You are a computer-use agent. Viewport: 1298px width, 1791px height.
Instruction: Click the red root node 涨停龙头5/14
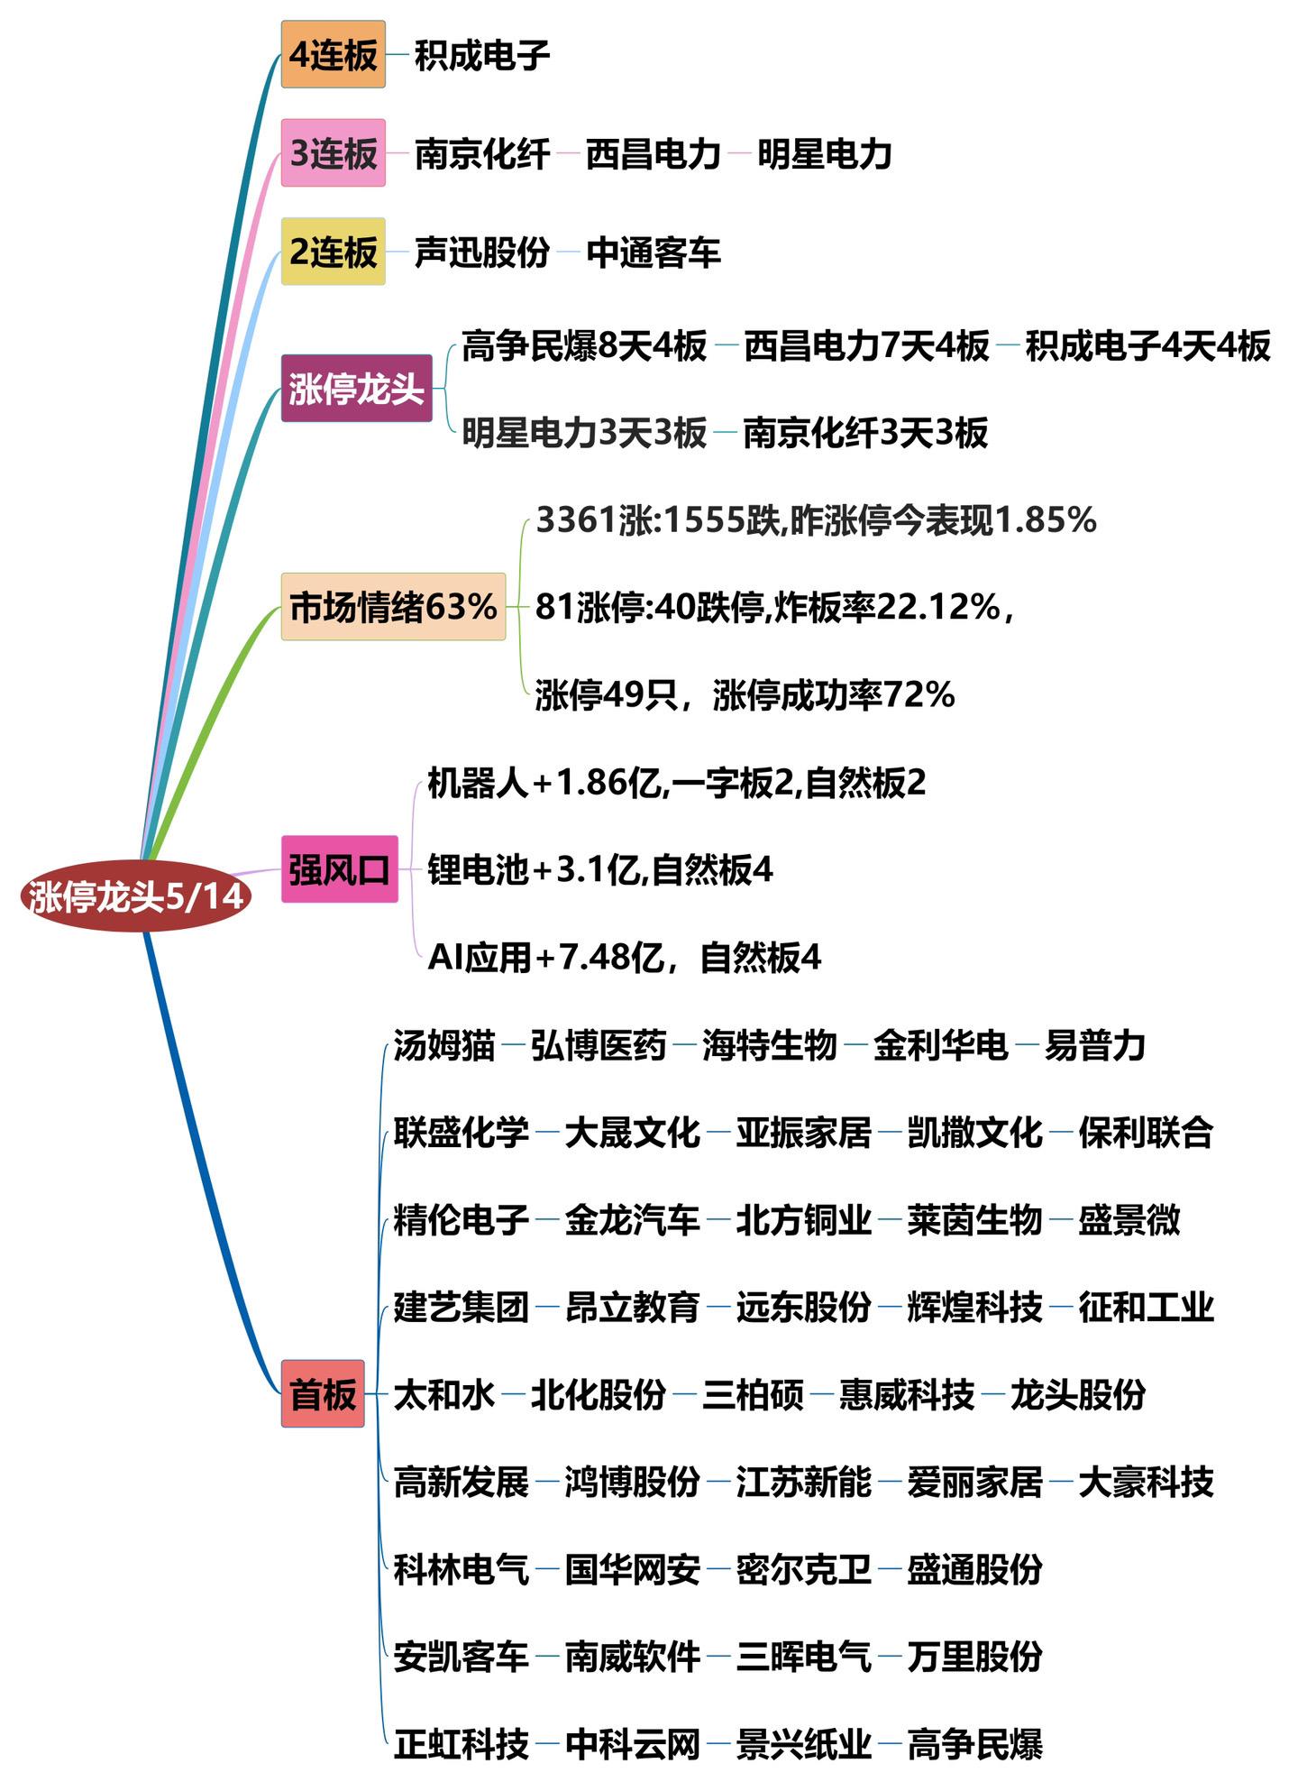pyautogui.click(x=135, y=896)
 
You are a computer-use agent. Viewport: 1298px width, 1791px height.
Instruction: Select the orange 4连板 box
pyautogui.click(x=333, y=55)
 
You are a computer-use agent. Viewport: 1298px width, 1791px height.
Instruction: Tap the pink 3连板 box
pyautogui.click(x=333, y=153)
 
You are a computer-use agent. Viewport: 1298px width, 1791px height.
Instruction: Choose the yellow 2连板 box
pyautogui.click(x=333, y=252)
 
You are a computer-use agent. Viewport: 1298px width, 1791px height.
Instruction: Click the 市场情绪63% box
pyautogui.click(x=393, y=607)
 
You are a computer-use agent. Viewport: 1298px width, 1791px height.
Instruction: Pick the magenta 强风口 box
pyautogui.click(x=339, y=870)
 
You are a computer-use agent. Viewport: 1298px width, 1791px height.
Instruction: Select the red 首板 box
pyautogui.click(x=323, y=1394)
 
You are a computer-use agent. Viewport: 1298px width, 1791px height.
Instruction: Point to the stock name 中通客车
pyautogui.click(x=654, y=253)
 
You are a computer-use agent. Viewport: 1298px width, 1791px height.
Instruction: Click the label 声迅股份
pyautogui.click(x=482, y=253)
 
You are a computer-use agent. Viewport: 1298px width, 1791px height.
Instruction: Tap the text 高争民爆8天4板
pyautogui.click(x=584, y=346)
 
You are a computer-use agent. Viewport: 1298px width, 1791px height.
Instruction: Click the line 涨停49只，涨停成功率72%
pyautogui.click(x=745, y=695)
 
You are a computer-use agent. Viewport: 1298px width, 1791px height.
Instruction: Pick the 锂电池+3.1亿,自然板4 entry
pyautogui.click(x=600, y=870)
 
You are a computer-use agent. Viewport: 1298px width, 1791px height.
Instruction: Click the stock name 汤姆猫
pyautogui.click(x=444, y=1046)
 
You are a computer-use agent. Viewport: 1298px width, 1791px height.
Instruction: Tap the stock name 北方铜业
pyautogui.click(x=803, y=1220)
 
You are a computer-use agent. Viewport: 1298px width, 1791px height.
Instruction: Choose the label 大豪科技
pyautogui.click(x=1146, y=1483)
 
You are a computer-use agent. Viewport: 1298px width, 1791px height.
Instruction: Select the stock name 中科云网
pyautogui.click(x=633, y=1745)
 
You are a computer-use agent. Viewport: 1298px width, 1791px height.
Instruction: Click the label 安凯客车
pyautogui.click(x=461, y=1657)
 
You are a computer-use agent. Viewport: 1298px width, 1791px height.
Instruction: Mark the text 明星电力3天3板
pyautogui.click(x=584, y=434)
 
